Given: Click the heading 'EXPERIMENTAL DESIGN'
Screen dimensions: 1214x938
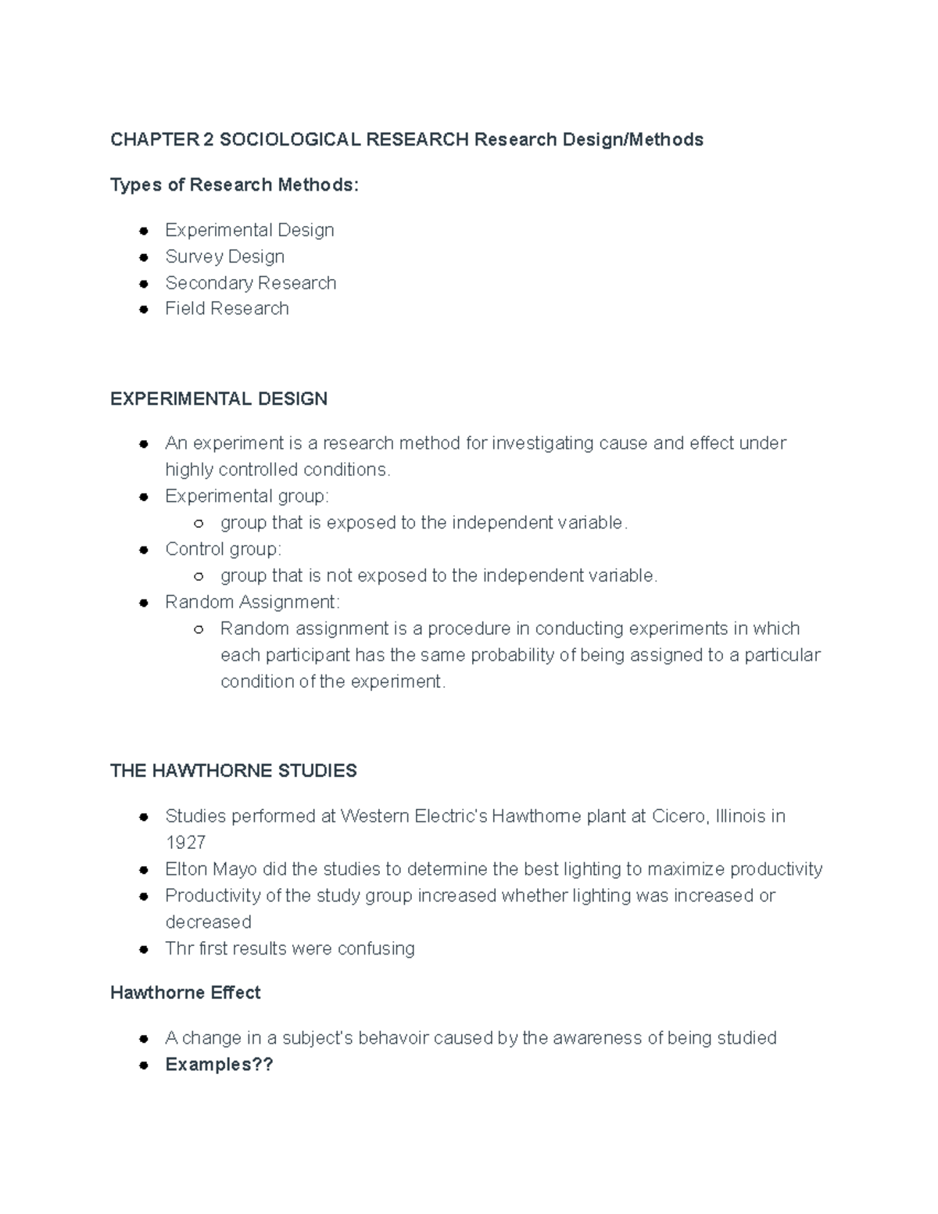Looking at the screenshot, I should (218, 399).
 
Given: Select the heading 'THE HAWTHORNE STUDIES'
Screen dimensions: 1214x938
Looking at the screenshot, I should (233, 771).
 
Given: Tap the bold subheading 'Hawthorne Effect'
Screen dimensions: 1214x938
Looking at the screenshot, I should (185, 993).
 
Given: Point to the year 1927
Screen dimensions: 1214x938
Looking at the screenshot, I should (185, 843).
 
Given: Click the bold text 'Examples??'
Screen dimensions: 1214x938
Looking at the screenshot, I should (219, 1065).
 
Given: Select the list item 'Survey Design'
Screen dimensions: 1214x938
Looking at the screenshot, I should (224, 256).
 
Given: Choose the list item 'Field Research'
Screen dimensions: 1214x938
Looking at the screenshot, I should (227, 309).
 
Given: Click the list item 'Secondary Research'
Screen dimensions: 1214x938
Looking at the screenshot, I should (250, 283).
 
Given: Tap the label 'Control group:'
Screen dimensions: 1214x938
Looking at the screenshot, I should (223, 550).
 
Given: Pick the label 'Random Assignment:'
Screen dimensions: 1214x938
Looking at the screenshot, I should (252, 602).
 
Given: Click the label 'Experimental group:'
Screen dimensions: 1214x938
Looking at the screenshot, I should (247, 496).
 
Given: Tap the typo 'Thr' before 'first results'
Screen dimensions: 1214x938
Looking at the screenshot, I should (179, 949).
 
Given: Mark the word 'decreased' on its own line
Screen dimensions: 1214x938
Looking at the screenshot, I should (208, 922).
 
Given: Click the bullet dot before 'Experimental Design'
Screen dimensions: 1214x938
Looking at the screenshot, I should (144, 231).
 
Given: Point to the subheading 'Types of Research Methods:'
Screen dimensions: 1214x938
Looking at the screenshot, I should (234, 185).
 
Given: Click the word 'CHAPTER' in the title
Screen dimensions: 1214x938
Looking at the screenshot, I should (155, 140).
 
